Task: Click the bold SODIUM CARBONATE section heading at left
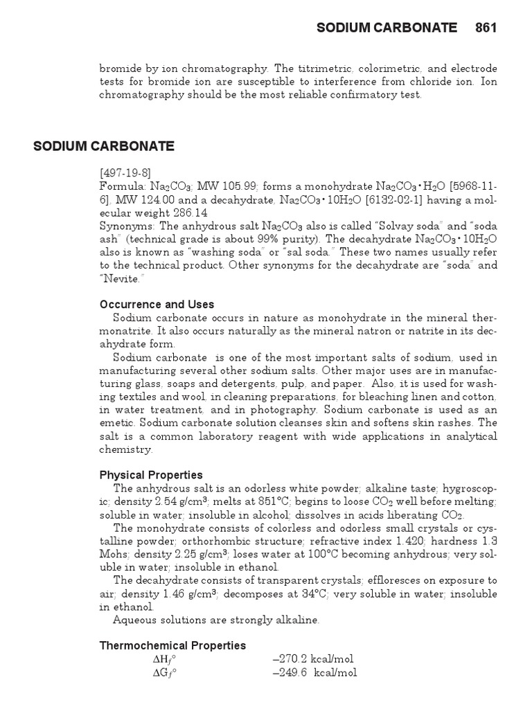(104, 146)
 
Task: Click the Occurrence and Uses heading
(157, 305)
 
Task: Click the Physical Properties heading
(152, 475)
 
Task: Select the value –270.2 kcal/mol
(313, 658)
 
